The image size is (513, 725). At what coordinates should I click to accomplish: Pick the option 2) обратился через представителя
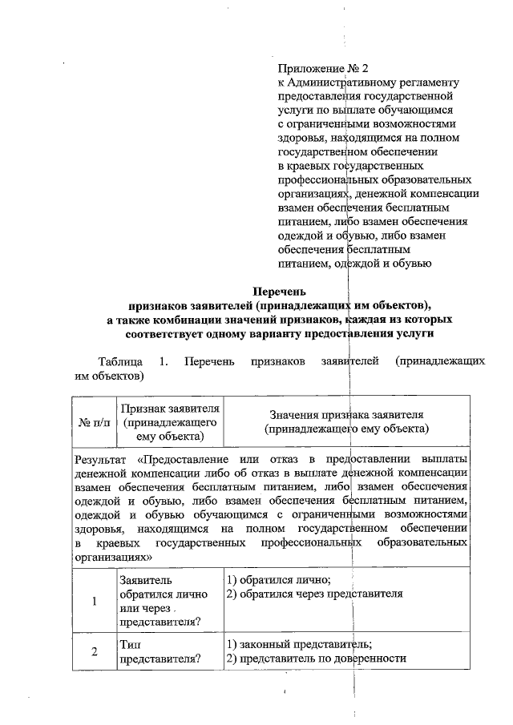[313, 594]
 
